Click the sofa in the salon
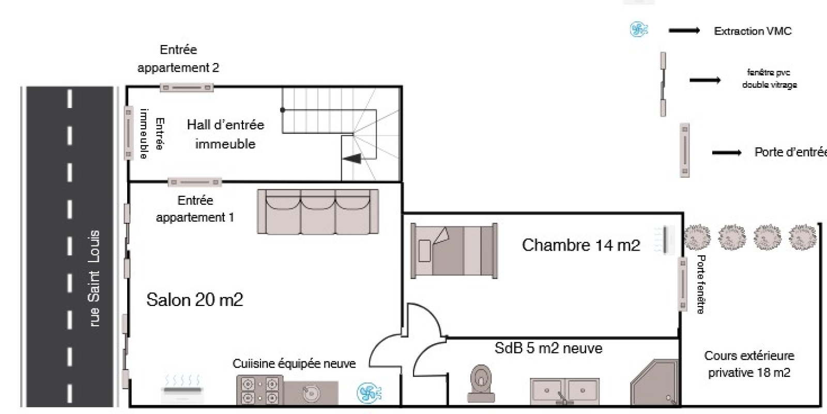(318, 211)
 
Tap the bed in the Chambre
(454, 251)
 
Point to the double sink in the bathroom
(564, 391)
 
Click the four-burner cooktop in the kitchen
(259, 390)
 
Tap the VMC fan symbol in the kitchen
(370, 393)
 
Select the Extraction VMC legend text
(753, 32)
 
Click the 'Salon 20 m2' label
(195, 300)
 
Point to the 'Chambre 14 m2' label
(581, 245)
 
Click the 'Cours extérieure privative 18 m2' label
(749, 364)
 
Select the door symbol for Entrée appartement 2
(186, 87)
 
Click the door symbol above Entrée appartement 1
(195, 182)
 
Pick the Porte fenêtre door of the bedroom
(683, 284)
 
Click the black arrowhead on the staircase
(354, 159)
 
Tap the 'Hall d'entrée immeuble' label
(225, 134)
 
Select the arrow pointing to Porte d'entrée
(726, 152)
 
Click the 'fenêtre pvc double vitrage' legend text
(769, 79)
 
